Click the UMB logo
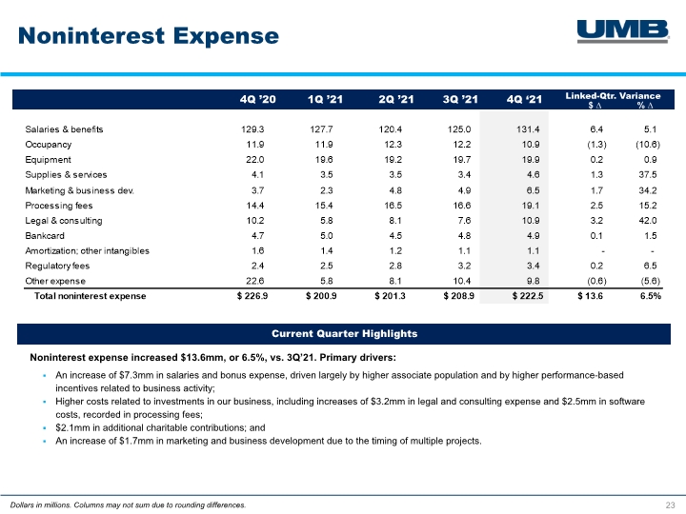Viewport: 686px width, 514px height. click(x=623, y=31)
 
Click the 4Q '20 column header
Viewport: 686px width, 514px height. click(x=257, y=100)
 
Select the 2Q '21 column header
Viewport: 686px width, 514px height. click(x=396, y=100)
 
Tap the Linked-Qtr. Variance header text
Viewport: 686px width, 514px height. click(x=613, y=96)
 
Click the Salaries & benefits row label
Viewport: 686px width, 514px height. click(x=65, y=129)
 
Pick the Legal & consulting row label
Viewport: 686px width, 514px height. click(x=64, y=221)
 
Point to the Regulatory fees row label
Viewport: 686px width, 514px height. click(x=57, y=266)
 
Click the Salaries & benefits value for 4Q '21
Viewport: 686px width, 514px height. click(x=528, y=129)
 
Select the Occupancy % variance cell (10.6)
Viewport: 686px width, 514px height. click(x=648, y=145)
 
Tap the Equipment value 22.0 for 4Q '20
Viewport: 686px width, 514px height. click(x=255, y=160)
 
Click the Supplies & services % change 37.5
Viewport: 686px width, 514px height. click(x=648, y=175)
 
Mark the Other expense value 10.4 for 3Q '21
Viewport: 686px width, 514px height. click(x=462, y=281)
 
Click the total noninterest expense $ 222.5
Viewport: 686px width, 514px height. click(x=528, y=296)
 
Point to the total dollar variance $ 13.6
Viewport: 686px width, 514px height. click(x=590, y=296)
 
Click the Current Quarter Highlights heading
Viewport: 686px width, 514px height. click(x=344, y=334)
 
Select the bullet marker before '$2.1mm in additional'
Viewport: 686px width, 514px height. click(x=45, y=428)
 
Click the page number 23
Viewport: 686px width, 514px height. click(x=670, y=505)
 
